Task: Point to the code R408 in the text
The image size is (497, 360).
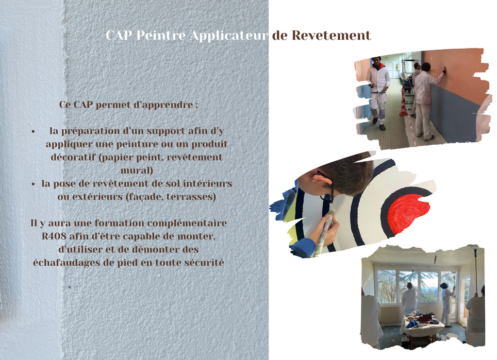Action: click(x=54, y=236)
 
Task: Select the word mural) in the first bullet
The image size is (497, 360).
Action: click(x=137, y=171)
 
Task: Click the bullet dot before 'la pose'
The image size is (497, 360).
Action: click(x=33, y=184)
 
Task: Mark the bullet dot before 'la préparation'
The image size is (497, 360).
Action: click(x=33, y=131)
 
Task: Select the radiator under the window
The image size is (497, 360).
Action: click(x=390, y=314)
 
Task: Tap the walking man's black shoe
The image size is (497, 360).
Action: click(x=382, y=127)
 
